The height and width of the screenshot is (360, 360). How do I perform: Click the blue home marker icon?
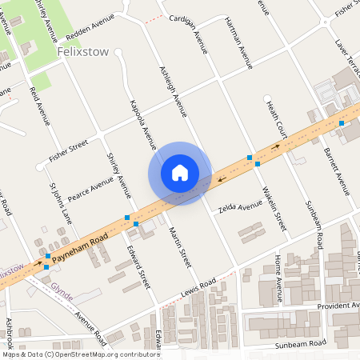point(180,173)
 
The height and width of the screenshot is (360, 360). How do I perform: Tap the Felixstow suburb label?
point(82,51)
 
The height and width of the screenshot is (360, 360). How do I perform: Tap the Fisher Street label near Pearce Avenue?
point(68,150)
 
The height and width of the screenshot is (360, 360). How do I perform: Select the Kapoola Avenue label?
point(142,125)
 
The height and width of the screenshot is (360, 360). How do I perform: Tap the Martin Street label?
point(181,246)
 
